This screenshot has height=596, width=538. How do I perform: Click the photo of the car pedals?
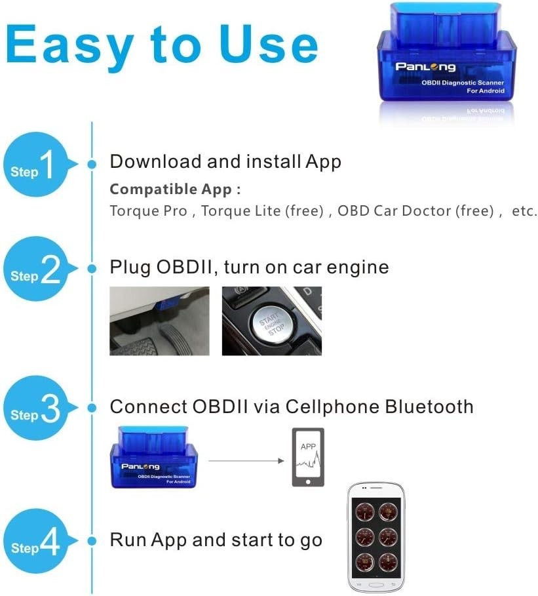pos(159,321)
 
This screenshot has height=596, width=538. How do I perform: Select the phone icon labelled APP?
pos(308,457)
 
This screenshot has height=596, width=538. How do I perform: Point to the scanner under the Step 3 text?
pos(154,458)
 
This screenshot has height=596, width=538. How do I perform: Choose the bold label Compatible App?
pos(175,189)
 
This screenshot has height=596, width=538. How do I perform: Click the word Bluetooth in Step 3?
pos(429,407)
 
